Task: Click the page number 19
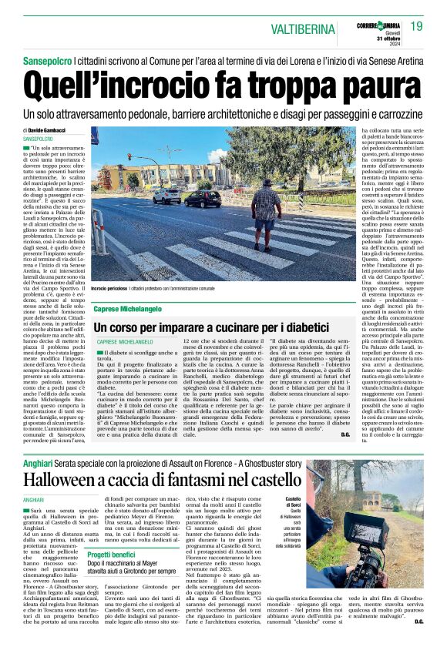click(x=415, y=27)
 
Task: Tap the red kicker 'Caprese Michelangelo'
click(x=128, y=308)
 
